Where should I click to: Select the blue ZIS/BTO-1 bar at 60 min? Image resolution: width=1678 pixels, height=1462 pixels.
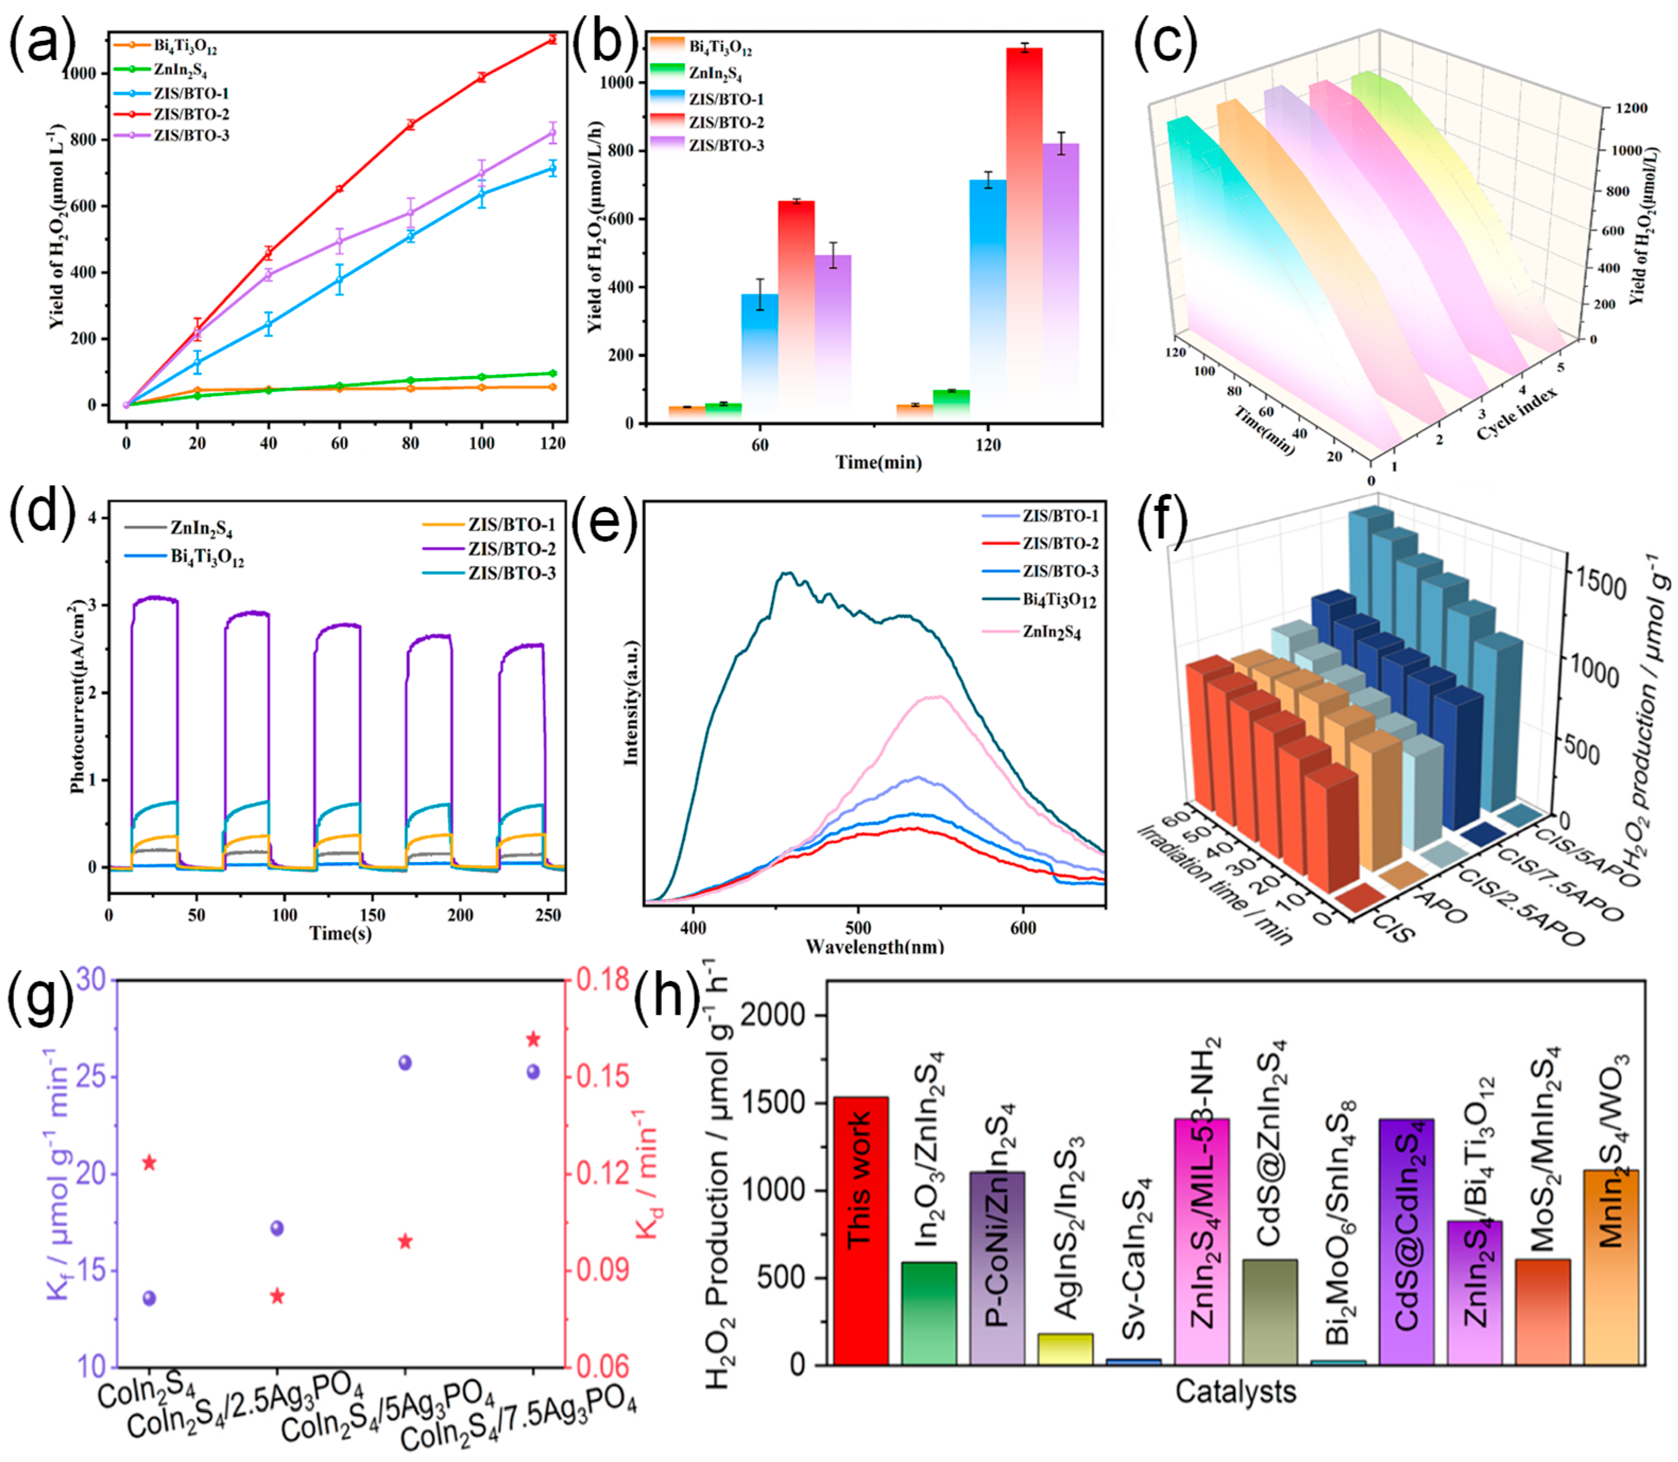coord(759,359)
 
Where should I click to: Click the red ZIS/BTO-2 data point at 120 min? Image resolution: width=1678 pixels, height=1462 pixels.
coord(553,39)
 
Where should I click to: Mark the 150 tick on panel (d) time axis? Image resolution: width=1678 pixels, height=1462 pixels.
coord(372,914)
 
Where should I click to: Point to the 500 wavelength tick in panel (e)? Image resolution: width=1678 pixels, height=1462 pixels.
coord(858,928)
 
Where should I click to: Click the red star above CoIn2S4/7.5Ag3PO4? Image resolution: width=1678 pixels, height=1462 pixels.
coord(534,1039)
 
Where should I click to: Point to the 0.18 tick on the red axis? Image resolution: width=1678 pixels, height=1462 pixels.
coord(604,980)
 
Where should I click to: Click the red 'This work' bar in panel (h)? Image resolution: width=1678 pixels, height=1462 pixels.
coord(861,1232)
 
